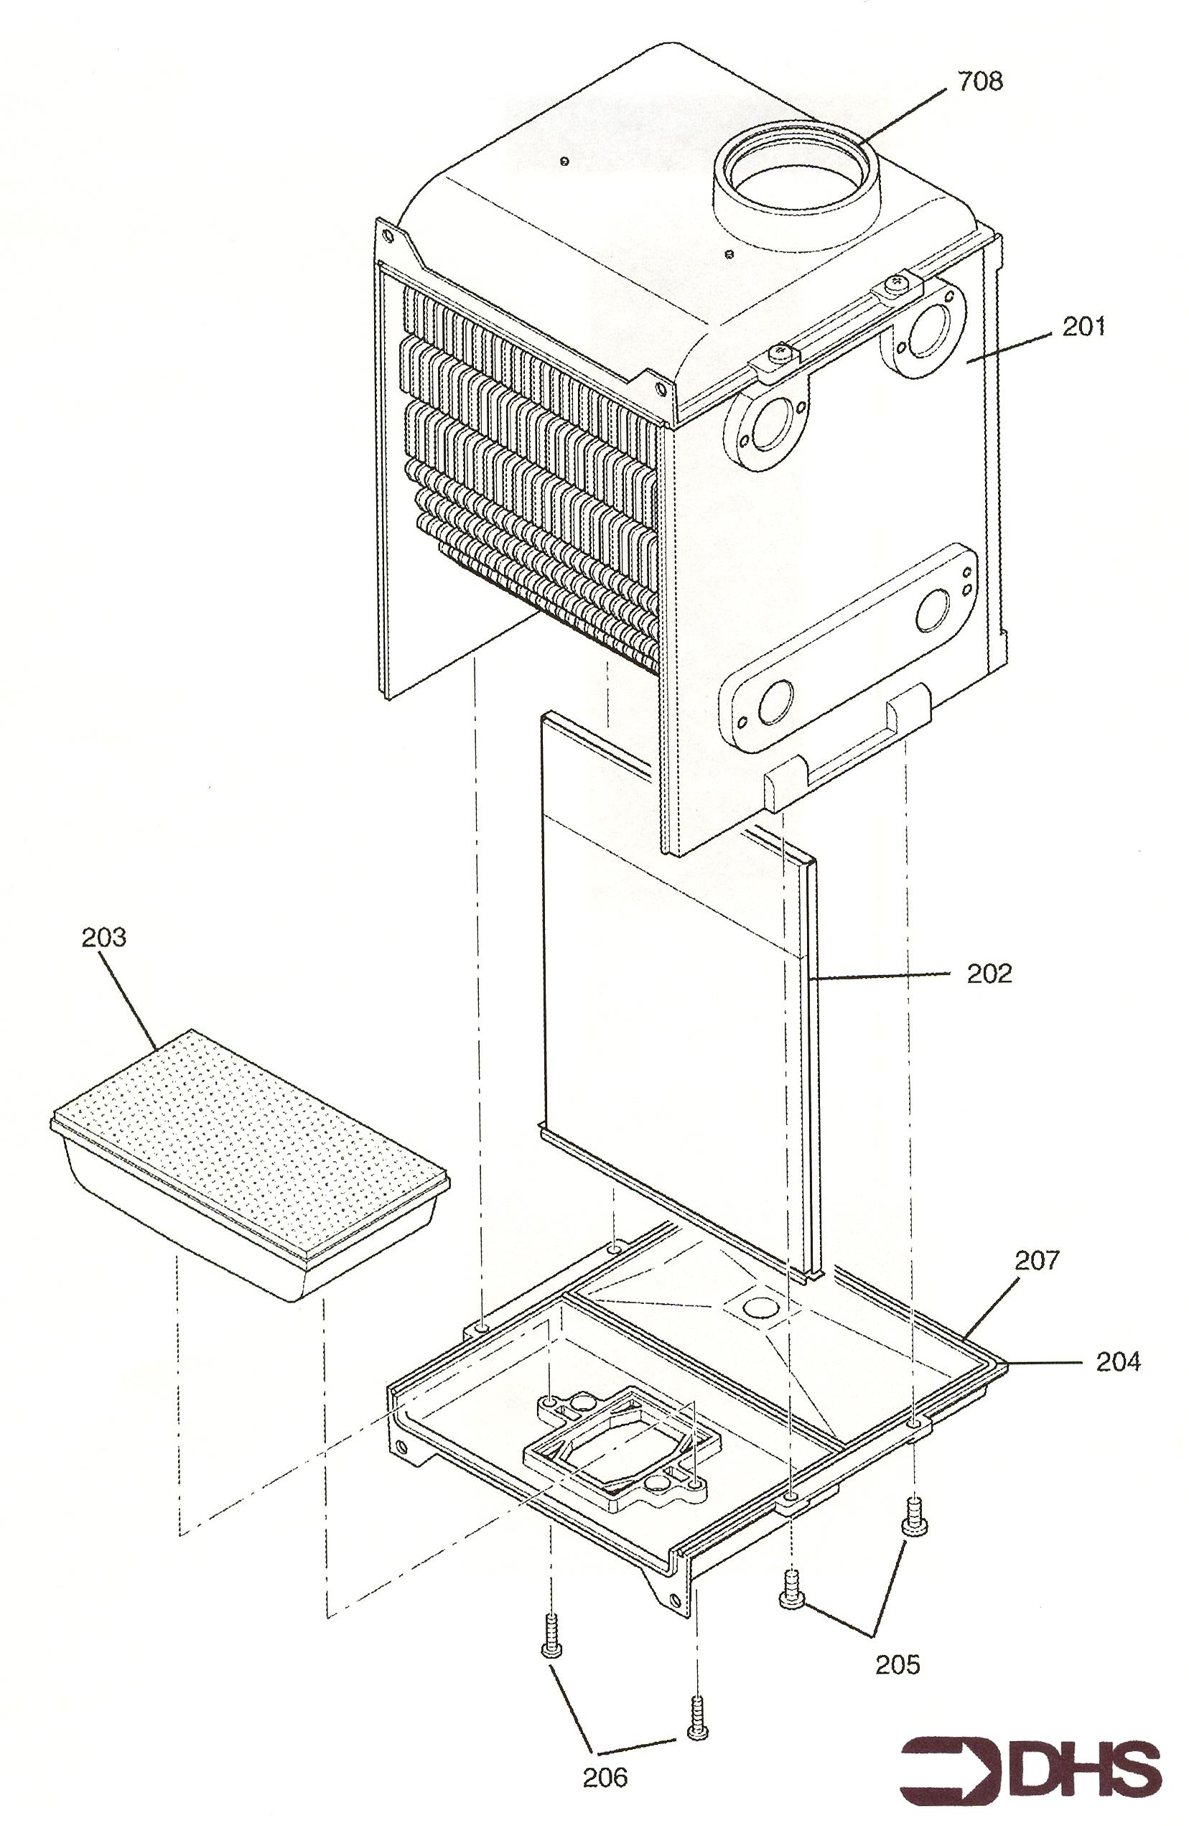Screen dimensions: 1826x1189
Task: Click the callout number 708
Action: [x=979, y=81]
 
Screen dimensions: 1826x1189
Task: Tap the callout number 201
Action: [x=1084, y=327]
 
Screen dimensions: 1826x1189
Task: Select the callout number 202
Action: [x=989, y=974]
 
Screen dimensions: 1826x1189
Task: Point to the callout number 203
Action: [x=103, y=938]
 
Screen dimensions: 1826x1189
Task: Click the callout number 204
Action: [x=1118, y=1363]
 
